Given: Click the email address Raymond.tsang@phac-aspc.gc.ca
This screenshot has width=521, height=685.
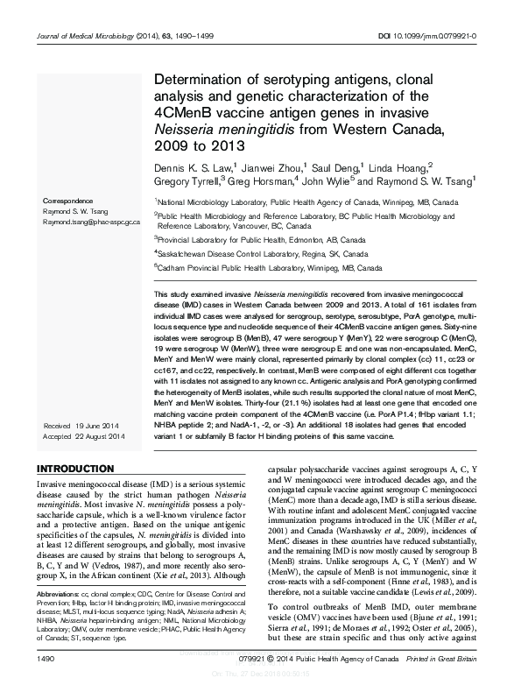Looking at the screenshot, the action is click(91, 222).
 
